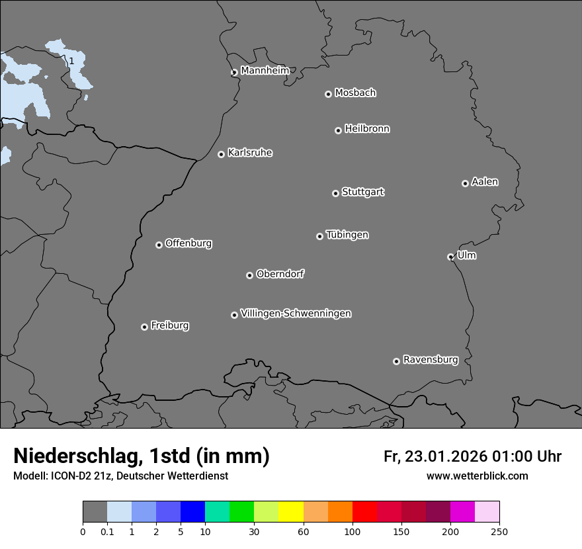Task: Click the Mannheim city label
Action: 265,71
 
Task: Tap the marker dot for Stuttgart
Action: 335,193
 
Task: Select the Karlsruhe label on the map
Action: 250,153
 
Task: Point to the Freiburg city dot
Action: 144,327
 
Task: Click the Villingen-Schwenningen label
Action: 296,314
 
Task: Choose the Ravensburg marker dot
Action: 396,361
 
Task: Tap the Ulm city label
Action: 466,255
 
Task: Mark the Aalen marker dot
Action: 465,183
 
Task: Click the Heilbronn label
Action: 367,129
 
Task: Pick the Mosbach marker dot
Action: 328,94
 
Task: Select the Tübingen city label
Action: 347,235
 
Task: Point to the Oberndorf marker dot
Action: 249,275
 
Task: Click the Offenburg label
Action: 188,243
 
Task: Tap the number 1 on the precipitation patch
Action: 71,62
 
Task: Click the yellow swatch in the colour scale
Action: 291,512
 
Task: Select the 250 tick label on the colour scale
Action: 499,531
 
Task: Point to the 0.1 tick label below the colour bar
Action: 107,531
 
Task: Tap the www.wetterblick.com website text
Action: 477,476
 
